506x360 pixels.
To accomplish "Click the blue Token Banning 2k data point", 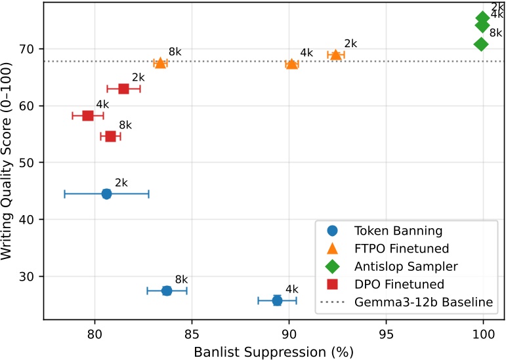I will (106, 193).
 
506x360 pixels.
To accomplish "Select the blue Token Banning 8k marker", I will (167, 290).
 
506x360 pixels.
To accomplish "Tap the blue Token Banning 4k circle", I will (277, 300).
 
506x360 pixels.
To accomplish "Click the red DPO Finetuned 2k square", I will (123, 89).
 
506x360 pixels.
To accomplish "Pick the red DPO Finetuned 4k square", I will (88, 115).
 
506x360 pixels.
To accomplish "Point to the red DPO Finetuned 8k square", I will (110, 136).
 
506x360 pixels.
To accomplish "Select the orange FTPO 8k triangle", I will (160, 63).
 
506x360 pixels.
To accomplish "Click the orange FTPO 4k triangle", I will (292, 64).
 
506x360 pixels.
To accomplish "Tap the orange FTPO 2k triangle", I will (336, 54).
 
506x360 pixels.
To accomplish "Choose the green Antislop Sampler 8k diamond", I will (481, 44).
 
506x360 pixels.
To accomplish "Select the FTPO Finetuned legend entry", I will (401, 249).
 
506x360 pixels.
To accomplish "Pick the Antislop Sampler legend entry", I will (406, 266).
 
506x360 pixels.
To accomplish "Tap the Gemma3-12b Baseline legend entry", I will (423, 302).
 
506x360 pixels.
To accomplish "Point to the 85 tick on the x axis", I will (192, 333).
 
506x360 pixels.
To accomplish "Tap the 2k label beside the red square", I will (138, 77).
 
